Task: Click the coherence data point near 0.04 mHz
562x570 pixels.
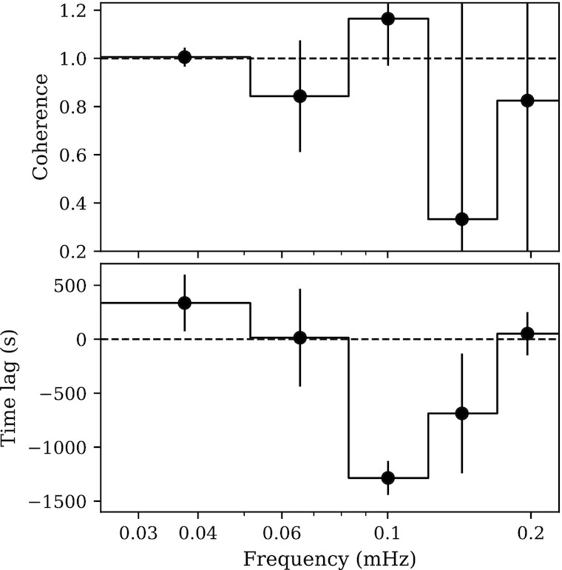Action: [x=185, y=57]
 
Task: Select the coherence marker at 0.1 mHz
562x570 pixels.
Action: [x=387, y=19]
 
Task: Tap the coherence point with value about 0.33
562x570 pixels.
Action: [x=462, y=219]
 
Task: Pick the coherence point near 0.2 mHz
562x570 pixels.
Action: [x=527, y=101]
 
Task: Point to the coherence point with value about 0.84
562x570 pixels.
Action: [x=300, y=96]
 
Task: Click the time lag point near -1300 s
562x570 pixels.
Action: [x=387, y=478]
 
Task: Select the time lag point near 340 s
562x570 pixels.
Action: [x=185, y=303]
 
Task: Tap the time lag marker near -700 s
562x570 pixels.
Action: [x=462, y=413]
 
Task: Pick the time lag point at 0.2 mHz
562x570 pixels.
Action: [x=527, y=333]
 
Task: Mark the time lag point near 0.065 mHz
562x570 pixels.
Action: [x=300, y=338]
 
